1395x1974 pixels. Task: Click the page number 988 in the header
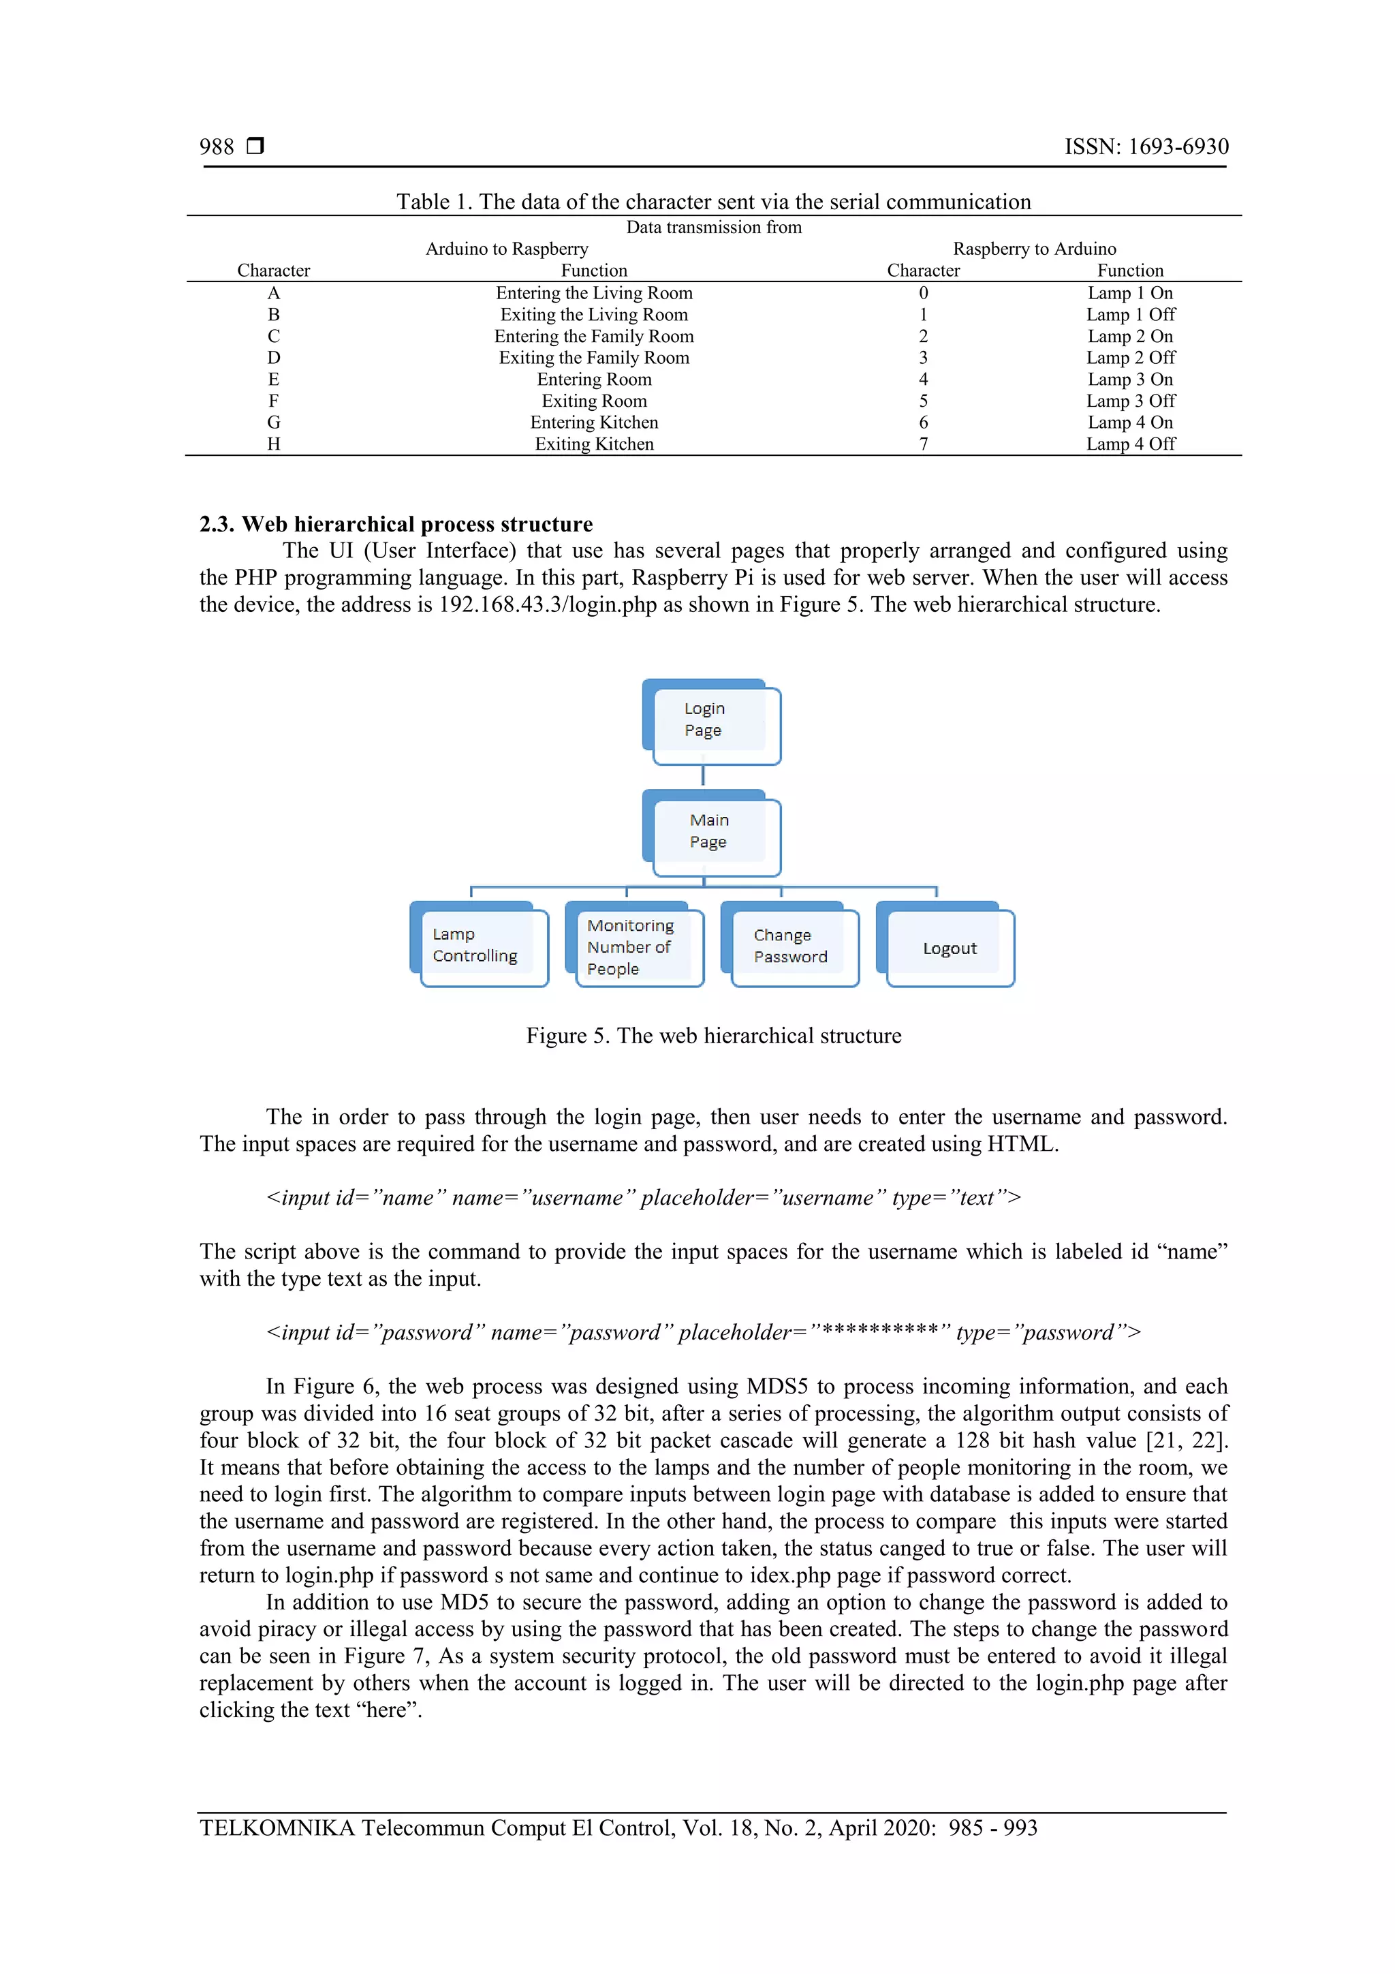click(217, 147)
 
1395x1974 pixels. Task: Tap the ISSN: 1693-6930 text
click(1146, 147)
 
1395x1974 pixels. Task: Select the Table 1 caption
click(712, 202)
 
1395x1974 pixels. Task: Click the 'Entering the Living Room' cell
click(594, 293)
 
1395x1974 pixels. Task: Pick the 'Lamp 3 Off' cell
click(1129, 401)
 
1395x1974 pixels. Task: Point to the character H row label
click(273, 444)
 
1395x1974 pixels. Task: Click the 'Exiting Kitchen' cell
click(594, 444)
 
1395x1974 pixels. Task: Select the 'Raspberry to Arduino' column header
click(1034, 249)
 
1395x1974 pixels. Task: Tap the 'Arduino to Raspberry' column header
click(506, 249)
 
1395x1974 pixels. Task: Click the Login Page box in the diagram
click(711, 722)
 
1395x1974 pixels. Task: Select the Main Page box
click(711, 832)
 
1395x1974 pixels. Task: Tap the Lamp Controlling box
click(479, 945)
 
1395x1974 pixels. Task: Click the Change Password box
click(790, 946)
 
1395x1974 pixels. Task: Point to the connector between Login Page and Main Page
click(703, 775)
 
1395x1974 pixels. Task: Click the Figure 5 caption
click(712, 1036)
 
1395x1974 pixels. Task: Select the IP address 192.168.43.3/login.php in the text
click(548, 604)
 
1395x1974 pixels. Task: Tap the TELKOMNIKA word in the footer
click(277, 1829)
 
